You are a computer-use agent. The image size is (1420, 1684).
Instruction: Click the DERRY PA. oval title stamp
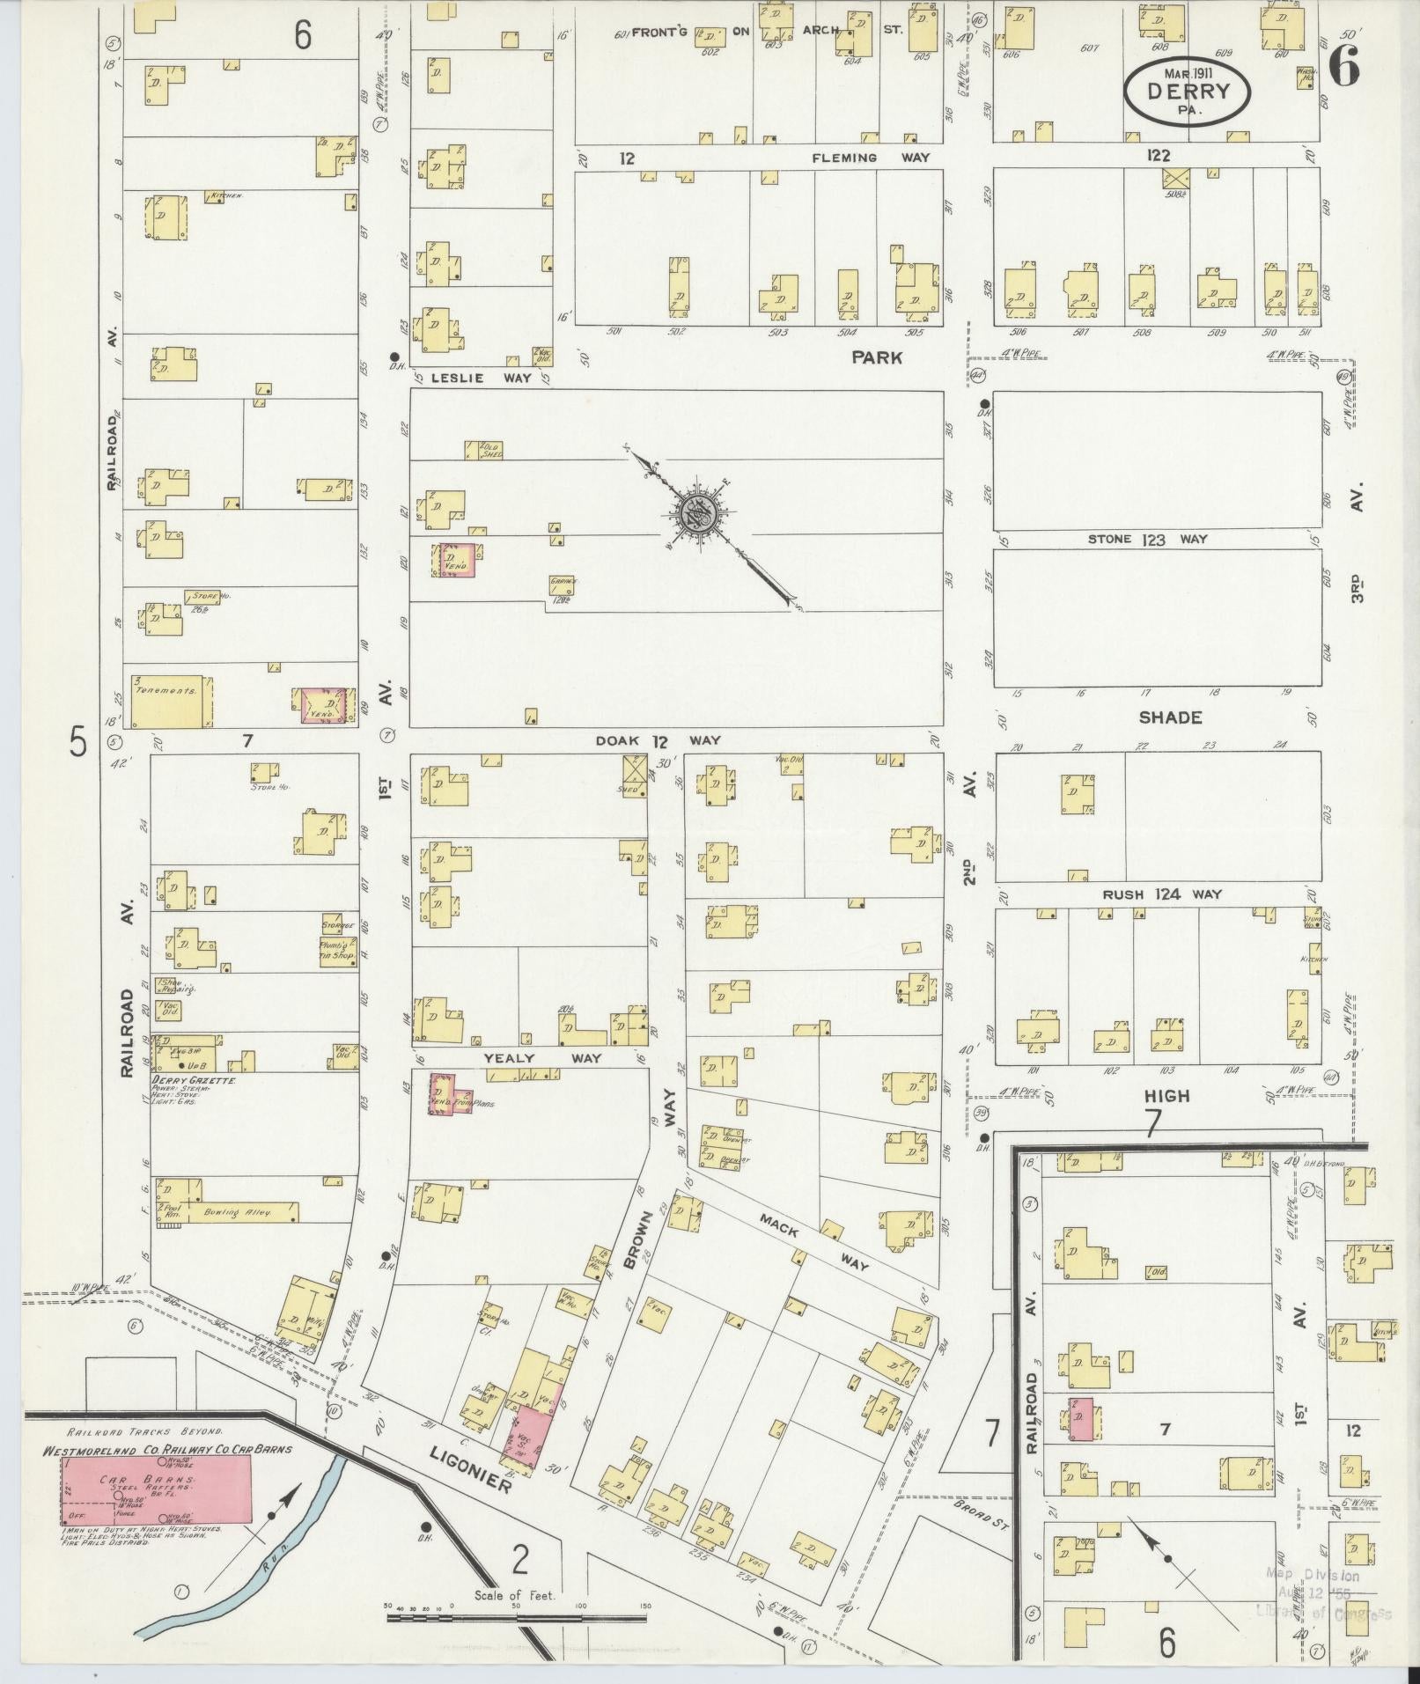1188,91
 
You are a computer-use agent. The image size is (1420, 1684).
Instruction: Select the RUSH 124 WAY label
1162,894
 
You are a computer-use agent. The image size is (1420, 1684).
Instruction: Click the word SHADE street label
1169,717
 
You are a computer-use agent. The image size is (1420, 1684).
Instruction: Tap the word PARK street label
876,357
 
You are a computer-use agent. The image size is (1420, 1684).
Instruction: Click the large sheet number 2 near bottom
520,1561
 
